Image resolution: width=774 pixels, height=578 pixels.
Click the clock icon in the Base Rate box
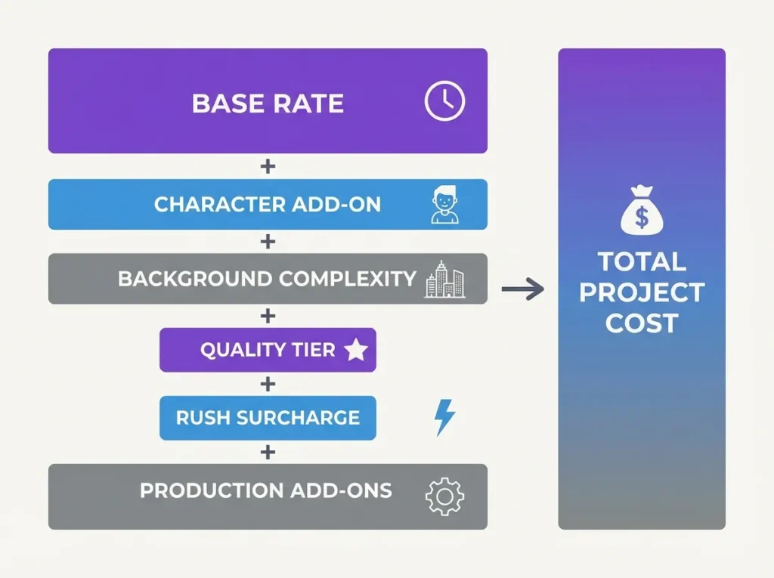444,101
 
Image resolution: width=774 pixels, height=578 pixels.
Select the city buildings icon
444,279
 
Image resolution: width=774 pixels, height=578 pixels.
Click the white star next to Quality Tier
355,350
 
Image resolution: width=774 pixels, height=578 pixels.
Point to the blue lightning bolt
444,417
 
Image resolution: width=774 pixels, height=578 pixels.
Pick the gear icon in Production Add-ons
444,496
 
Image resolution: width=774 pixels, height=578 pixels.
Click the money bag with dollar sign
641,212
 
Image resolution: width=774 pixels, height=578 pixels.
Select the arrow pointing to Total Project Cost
523,289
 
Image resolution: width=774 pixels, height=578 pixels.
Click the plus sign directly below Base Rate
268,166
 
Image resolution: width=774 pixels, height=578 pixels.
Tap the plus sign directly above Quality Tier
268,315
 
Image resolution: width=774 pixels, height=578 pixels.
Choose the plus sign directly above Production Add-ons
268,452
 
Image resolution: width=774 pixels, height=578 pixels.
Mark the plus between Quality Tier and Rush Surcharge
268,384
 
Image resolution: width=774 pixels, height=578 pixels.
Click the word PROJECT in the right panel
642,293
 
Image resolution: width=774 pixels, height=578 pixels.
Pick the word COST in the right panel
642,323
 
